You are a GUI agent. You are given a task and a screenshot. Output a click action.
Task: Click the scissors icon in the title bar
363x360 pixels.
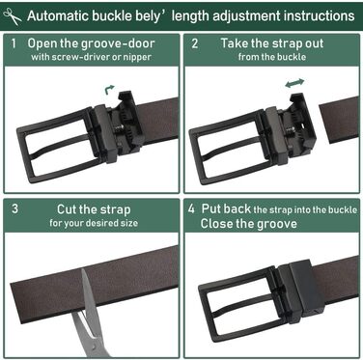[13, 16]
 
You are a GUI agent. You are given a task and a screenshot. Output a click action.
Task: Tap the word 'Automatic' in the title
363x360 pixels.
[52, 15]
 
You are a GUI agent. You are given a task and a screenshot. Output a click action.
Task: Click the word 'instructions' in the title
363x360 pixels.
[315, 15]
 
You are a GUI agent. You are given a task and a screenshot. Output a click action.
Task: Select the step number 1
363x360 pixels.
[14, 43]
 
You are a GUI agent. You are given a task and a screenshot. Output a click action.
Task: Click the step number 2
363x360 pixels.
[195, 43]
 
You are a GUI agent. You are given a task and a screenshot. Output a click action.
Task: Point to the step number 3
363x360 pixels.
[14, 208]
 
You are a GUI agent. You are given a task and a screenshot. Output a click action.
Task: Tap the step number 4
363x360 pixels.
[191, 208]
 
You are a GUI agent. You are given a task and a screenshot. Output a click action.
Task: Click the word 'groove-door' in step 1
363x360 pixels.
[118, 43]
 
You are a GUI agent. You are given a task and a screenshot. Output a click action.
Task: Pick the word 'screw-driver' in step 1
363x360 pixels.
[70, 57]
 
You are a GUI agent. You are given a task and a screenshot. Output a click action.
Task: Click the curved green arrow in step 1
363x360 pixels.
[109, 90]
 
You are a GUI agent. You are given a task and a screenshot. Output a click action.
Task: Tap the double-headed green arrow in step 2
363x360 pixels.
[294, 83]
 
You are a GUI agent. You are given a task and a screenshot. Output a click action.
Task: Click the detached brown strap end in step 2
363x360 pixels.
[339, 120]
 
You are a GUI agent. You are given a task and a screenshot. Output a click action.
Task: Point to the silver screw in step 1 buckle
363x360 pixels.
[120, 128]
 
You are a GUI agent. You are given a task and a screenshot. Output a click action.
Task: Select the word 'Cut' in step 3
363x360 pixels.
[67, 209]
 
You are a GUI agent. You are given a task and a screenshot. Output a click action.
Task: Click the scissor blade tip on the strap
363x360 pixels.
[83, 271]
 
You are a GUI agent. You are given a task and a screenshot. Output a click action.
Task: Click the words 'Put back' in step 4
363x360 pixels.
[226, 208]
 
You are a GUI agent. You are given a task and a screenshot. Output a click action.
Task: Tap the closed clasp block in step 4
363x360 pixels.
[300, 288]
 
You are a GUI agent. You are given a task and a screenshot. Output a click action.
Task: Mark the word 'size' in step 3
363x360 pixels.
[129, 223]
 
